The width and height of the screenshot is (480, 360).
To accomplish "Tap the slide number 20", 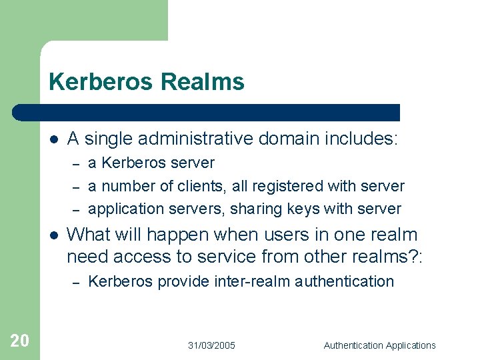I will (x=20, y=341).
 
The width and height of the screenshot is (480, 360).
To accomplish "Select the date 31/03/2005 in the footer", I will (x=211, y=345).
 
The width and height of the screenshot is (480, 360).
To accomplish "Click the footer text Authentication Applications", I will (x=379, y=345).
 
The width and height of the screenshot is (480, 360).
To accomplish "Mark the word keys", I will (x=303, y=209).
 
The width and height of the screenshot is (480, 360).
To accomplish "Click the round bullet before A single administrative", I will (x=53, y=139).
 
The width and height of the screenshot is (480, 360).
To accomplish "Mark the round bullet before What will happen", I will (x=53, y=235).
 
